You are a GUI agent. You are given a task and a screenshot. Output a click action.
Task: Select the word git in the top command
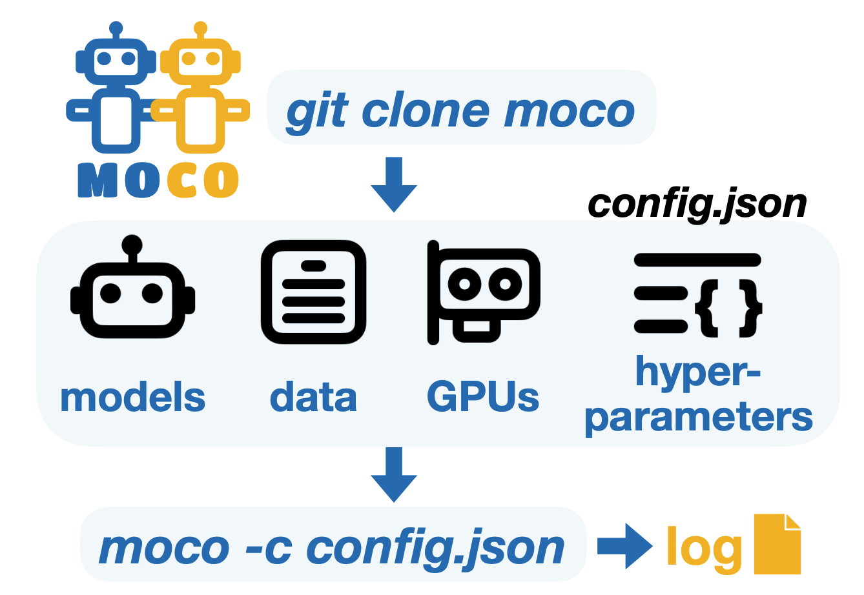pos(317,112)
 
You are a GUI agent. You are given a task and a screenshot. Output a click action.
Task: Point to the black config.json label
pos(697,205)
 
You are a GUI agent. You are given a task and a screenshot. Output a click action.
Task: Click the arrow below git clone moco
pos(394,184)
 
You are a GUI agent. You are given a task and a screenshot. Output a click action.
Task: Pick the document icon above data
pos(313,292)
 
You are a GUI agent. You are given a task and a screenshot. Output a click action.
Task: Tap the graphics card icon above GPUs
pos(483,294)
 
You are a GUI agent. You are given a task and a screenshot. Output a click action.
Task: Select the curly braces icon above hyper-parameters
pos(698,295)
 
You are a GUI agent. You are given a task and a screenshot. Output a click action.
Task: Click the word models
pos(132,398)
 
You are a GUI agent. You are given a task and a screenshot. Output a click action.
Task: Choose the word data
pos(313,398)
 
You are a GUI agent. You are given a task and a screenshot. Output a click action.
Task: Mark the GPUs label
pos(483,398)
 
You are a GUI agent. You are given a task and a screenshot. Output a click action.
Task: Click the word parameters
pos(698,418)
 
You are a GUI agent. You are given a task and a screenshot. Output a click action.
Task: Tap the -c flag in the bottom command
pos(269,548)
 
